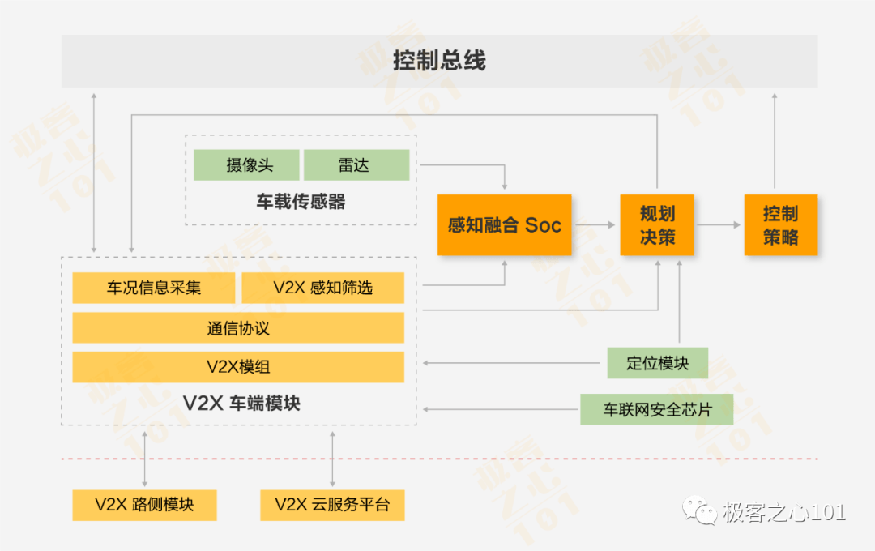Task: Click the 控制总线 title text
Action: (439, 60)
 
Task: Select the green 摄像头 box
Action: (246, 164)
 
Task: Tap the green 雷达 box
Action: (356, 164)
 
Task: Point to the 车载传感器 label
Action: (301, 202)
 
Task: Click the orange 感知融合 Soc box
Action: (505, 225)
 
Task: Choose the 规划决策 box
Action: (657, 225)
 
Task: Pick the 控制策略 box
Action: (781, 225)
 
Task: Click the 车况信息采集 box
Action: (153, 288)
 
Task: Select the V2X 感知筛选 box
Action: (322, 288)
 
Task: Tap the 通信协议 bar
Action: (238, 327)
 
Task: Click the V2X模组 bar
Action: (238, 367)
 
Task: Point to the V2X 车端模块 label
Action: (241, 403)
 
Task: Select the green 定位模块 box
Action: (657, 363)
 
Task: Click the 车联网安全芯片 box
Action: (657, 409)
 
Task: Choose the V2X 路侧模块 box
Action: (144, 505)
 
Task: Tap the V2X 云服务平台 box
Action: (332, 505)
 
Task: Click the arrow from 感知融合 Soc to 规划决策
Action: (595, 225)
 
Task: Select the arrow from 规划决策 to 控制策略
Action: (719, 225)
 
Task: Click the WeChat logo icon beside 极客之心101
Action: (699, 510)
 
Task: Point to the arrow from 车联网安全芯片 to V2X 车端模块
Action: (500, 409)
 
